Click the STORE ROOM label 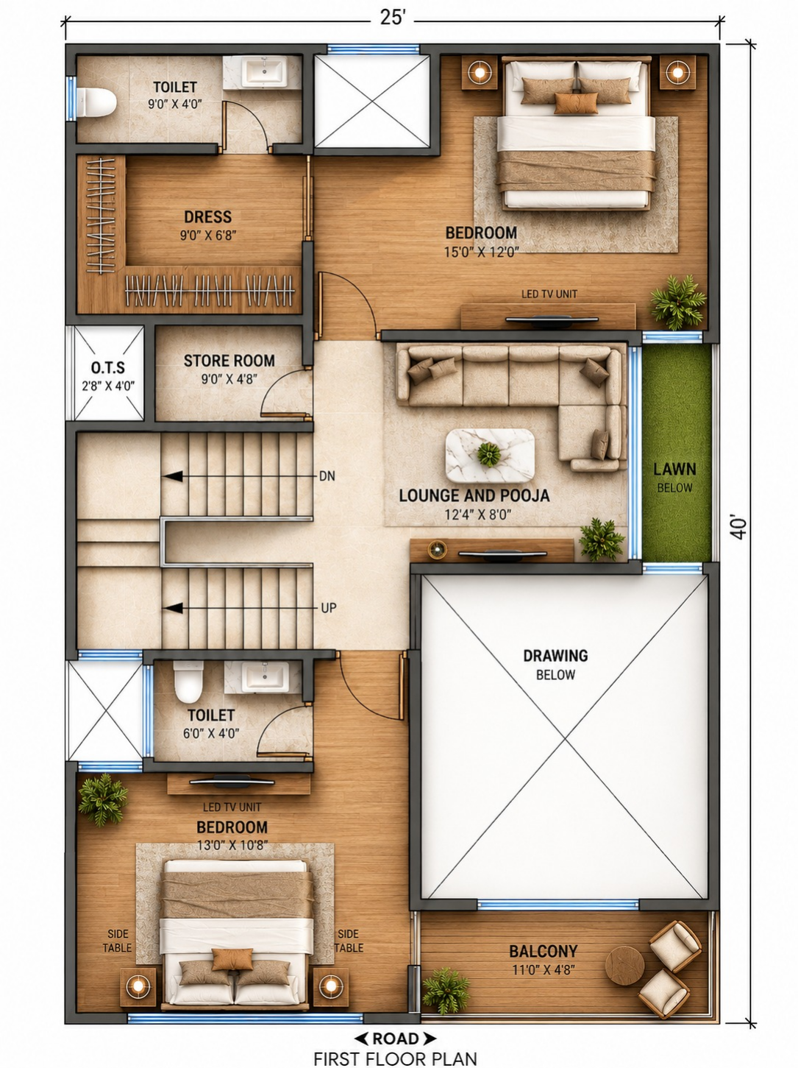229,361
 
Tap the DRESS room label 208,217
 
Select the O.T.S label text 108,367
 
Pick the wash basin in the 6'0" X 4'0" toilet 265,677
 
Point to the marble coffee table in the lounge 490,456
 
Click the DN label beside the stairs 327,476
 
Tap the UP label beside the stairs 329,608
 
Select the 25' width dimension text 392,18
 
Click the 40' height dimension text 738,528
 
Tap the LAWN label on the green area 674,470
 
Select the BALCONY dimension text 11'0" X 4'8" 544,969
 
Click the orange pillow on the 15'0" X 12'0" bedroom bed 576,103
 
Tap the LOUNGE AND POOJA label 474,496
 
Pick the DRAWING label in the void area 555,656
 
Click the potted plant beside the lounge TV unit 602,540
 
